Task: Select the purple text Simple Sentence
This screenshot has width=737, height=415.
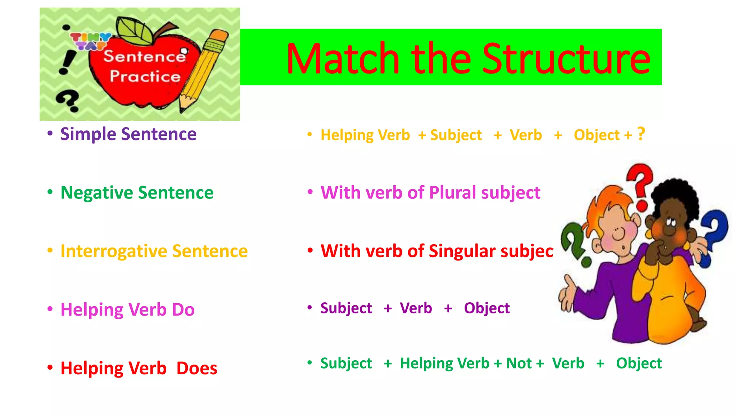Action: tap(128, 134)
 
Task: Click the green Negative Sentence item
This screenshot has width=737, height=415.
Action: tap(137, 192)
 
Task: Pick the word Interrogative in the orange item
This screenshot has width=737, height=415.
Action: tap(114, 251)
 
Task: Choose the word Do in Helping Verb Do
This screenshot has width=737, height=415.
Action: tap(183, 309)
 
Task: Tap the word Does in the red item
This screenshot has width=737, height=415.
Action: tap(197, 368)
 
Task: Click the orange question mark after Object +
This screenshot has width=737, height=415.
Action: tap(641, 134)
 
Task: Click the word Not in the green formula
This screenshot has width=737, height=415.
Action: tap(519, 363)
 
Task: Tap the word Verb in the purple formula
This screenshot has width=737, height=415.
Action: tap(416, 308)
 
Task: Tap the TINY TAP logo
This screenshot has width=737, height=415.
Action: tap(90, 41)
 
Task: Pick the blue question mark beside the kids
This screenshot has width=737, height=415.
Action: tap(714, 236)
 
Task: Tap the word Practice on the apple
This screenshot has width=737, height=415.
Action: tap(145, 76)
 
